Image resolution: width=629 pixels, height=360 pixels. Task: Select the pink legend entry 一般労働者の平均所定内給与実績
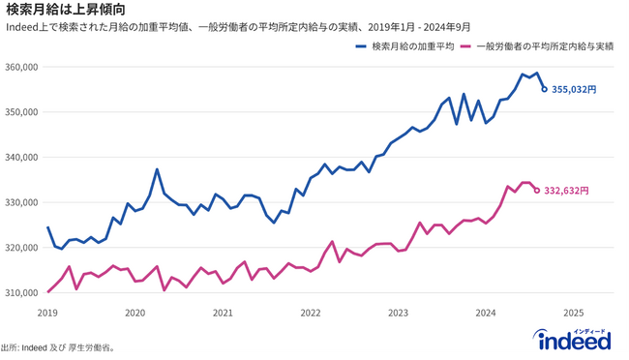(542, 45)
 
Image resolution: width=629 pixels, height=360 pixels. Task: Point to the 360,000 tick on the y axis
(20, 67)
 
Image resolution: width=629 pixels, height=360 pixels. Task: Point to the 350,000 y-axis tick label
(20, 112)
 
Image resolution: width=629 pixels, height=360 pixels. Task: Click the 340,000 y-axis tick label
(20, 157)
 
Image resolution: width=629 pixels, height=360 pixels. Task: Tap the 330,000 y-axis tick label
(20, 202)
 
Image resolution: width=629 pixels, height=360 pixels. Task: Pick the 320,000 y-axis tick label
(20, 247)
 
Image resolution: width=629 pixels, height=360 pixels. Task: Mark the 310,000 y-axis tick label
(20, 292)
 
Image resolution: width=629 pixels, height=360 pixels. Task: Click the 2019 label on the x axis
(47, 314)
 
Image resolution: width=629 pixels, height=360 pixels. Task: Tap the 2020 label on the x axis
(135, 314)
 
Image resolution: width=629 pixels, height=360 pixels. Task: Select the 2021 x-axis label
(223, 314)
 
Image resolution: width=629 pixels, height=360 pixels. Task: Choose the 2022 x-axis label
(311, 314)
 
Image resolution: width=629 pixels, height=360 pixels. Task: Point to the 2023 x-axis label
(398, 314)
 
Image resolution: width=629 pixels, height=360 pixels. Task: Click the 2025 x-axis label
(573, 314)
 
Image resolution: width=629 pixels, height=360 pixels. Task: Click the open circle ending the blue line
(544, 89)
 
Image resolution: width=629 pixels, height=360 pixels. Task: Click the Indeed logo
(573, 340)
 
